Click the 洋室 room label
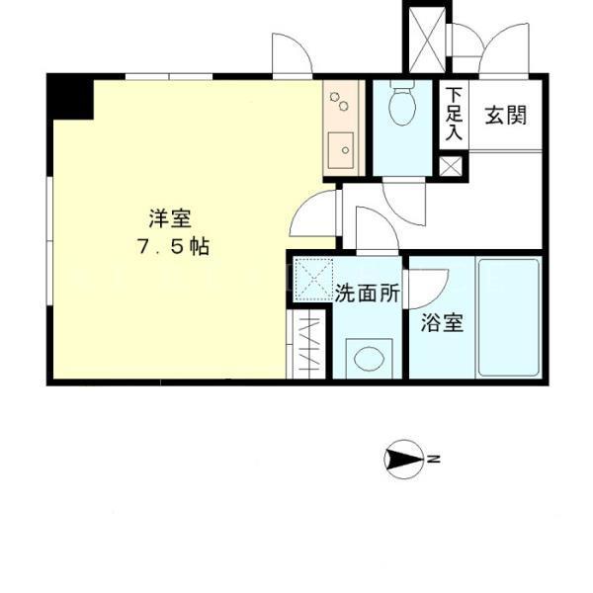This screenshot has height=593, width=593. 170,218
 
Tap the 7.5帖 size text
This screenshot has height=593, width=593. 174,247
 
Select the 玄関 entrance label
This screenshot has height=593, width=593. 506,115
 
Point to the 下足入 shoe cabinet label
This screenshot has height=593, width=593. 454,114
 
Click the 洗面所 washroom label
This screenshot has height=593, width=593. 368,293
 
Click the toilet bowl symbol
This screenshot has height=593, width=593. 402,103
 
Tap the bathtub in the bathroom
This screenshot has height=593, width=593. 509,317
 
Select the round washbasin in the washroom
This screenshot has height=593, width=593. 369,358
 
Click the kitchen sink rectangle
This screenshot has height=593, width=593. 341,150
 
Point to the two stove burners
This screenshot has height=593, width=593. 339,101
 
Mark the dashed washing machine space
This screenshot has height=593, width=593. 313,280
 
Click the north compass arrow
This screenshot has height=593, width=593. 403,460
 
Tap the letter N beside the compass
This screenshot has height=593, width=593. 434,460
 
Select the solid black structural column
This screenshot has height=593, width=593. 70,97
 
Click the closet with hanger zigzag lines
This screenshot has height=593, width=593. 306,344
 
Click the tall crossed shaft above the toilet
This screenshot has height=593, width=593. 427,40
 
